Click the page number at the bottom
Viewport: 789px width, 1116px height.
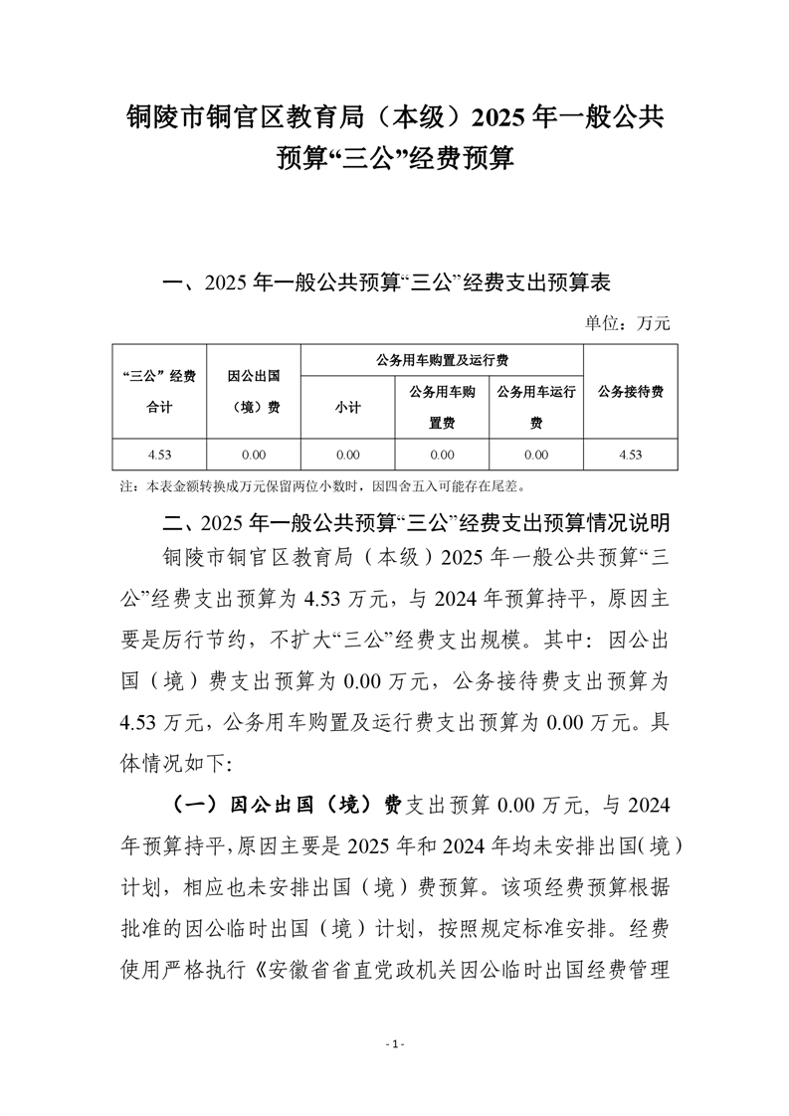point(395,1044)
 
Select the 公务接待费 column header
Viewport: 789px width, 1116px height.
point(631,391)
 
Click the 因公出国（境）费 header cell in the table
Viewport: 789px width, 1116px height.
point(253,391)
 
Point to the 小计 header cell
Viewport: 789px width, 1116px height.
point(347,408)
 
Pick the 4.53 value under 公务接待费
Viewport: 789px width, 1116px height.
point(630,455)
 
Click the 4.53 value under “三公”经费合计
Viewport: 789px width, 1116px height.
point(159,455)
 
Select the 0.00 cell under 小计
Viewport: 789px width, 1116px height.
point(347,455)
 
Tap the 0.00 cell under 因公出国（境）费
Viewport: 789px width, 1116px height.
point(253,455)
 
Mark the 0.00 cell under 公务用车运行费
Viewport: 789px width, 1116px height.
point(536,455)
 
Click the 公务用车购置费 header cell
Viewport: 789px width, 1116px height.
point(443,408)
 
